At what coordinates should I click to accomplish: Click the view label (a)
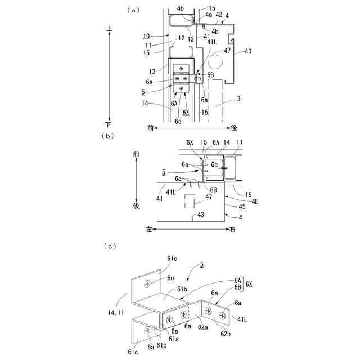133,10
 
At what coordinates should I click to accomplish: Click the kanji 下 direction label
108,123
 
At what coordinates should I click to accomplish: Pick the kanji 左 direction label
149,229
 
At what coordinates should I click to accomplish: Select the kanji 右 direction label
232,229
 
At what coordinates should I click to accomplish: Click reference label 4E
255,201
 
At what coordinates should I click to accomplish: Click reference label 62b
225,334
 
